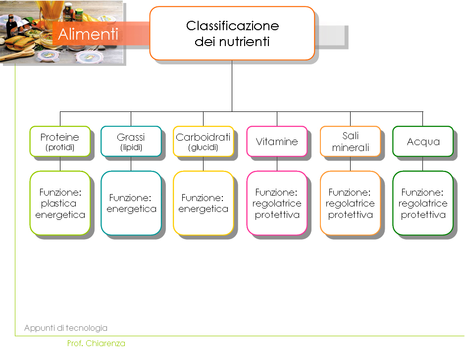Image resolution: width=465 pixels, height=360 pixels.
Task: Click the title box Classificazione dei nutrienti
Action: [x=232, y=33]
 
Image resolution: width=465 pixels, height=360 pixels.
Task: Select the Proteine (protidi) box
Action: [x=60, y=142]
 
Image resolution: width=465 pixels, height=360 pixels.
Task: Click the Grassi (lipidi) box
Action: [x=131, y=142]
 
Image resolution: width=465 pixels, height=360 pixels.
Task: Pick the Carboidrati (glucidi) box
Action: [x=203, y=142]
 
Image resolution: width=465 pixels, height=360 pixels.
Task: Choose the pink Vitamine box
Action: [x=277, y=142]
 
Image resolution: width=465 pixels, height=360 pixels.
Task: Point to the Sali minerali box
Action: [x=350, y=142]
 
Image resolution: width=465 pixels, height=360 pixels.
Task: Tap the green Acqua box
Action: [x=423, y=142]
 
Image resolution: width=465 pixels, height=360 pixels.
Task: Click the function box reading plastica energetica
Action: [x=60, y=203]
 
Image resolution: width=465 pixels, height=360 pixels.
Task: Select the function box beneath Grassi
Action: [x=131, y=203]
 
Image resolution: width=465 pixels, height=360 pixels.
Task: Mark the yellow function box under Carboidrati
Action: [x=203, y=203]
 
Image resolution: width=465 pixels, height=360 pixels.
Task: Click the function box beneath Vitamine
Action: [x=277, y=203]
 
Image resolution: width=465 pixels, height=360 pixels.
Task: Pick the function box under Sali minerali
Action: [x=350, y=203]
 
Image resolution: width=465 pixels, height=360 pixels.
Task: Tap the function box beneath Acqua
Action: [x=423, y=203]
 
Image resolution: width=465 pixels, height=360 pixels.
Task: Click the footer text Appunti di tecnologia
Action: [x=66, y=328]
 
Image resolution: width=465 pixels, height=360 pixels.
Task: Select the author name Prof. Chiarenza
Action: [x=96, y=343]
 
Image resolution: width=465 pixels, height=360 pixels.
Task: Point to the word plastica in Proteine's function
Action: [x=59, y=204]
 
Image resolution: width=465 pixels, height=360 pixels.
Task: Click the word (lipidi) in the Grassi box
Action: [x=131, y=147]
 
